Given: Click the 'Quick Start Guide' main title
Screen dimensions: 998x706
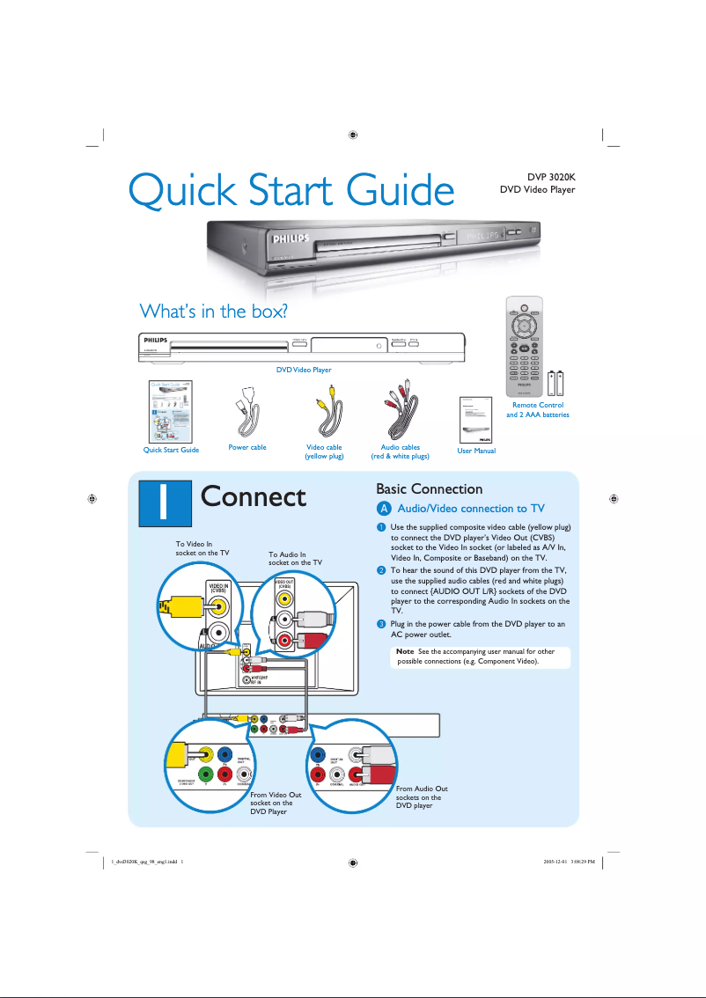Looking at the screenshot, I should (x=290, y=191).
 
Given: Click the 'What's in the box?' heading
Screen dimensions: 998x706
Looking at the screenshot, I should (x=215, y=311).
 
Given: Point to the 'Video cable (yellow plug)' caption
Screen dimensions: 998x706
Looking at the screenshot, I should (x=324, y=452).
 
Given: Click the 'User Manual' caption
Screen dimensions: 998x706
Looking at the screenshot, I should (x=476, y=451).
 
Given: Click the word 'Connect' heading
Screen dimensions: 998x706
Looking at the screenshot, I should (x=254, y=496).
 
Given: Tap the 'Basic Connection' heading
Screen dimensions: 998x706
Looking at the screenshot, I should (x=429, y=488).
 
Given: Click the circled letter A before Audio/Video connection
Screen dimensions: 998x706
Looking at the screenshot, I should (x=383, y=509).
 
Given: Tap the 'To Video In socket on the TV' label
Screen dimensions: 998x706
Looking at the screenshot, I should (x=202, y=548).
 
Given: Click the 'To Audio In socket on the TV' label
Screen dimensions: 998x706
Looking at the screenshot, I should (x=295, y=558).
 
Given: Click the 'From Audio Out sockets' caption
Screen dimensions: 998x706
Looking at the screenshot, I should (x=422, y=796).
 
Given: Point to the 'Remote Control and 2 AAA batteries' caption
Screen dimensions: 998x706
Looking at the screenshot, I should (x=537, y=409).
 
